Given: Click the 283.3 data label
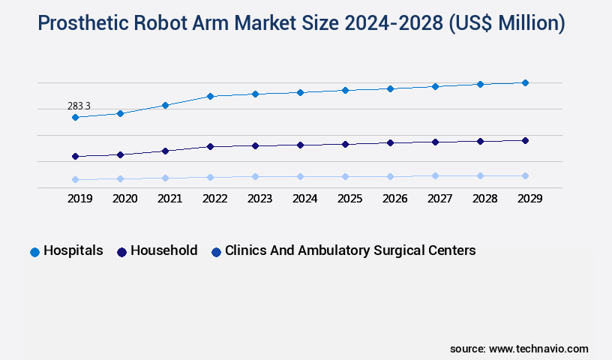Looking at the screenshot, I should (x=78, y=106).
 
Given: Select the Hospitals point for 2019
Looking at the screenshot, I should (x=75, y=118).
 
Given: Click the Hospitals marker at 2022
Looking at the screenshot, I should (x=210, y=96).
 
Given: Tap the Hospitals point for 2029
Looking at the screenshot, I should (x=525, y=82).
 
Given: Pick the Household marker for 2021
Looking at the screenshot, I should (x=165, y=151).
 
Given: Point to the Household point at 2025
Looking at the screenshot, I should (x=345, y=144).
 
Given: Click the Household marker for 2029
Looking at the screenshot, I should (x=525, y=140).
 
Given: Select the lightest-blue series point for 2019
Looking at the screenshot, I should (x=75, y=180).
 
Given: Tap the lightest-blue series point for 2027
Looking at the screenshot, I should (x=435, y=176).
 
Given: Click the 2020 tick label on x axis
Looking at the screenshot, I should (x=124, y=199).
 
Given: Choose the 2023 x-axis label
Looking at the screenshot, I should (x=259, y=199).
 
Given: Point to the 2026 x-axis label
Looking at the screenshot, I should (x=394, y=199).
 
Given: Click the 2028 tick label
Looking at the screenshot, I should (x=484, y=199).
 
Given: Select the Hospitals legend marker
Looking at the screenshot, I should (x=34, y=252).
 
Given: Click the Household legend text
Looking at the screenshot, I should (x=163, y=250).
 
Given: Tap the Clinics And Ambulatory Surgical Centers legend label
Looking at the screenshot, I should (x=350, y=250).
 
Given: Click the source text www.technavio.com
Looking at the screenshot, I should (x=538, y=349).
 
